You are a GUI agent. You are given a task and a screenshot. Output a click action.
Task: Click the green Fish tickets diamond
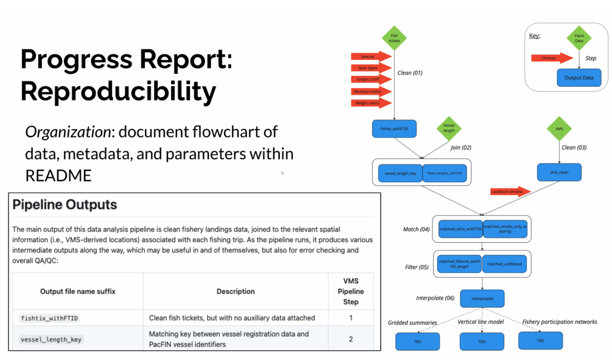tap(394, 38)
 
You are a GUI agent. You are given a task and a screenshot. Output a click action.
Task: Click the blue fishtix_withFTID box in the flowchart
tap(394, 129)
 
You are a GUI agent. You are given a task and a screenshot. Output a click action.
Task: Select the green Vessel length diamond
tap(449, 128)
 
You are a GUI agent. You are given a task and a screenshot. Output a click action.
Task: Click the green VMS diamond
tap(559, 129)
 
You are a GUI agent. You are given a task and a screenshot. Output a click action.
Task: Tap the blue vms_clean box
tap(559, 172)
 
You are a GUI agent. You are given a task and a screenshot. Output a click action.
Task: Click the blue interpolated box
tap(482, 299)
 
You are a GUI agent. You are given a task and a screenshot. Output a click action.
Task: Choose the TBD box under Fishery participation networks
tap(540, 341)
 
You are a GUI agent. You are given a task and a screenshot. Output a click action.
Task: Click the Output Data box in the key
tap(579, 78)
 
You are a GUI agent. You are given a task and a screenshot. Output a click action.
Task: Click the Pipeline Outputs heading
tap(65, 204)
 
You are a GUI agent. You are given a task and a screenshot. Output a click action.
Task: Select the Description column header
tap(235, 291)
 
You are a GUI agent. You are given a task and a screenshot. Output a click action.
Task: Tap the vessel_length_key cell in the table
tap(51, 340)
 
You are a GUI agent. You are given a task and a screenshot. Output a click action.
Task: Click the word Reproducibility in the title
tap(118, 91)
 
